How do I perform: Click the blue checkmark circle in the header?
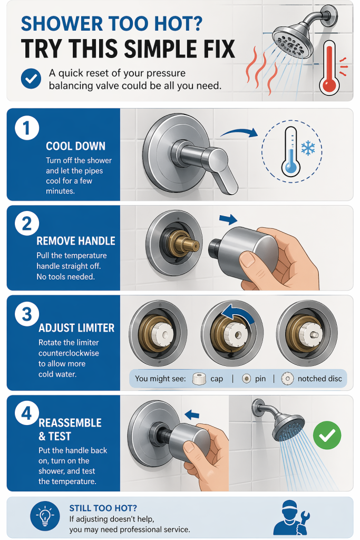[x=31, y=79]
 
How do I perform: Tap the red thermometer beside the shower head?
[x=330, y=67]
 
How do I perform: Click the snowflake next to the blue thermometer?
[x=308, y=148]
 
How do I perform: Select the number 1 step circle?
[x=27, y=128]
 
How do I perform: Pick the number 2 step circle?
[x=27, y=224]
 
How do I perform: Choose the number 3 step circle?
[x=27, y=314]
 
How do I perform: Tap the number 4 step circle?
[x=27, y=413]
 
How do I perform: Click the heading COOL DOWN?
[x=76, y=146]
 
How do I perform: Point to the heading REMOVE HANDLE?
[x=76, y=240]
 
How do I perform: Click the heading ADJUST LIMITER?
[x=76, y=328]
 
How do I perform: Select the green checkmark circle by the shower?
[x=327, y=435]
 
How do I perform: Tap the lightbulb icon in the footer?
[x=45, y=516]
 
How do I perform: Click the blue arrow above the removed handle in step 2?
[x=228, y=219]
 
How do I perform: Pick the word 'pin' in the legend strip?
[x=260, y=379]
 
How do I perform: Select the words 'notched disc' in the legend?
[x=320, y=379]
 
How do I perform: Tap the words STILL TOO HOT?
[x=103, y=508]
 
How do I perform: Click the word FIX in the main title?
[x=216, y=49]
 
